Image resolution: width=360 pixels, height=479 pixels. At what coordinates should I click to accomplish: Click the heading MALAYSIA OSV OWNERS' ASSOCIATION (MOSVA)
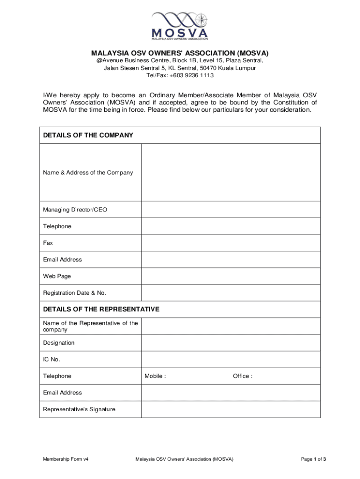point(180,53)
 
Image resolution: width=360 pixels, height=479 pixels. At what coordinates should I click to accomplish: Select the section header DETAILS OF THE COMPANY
point(88,135)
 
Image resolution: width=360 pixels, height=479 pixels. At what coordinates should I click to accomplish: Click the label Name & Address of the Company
point(88,173)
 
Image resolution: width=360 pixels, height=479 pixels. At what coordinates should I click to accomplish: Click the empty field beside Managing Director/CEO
point(231,210)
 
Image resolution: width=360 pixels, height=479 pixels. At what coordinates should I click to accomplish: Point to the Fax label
point(48,243)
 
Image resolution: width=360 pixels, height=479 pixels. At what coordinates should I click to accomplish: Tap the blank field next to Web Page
point(231,276)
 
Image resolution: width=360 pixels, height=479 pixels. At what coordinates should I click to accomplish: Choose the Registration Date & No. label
point(75,293)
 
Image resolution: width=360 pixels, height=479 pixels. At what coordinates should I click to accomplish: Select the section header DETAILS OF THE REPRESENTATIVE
point(101,309)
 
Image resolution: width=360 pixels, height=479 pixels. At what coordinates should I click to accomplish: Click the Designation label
point(58,343)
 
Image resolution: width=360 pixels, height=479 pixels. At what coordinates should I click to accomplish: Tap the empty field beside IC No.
point(231,359)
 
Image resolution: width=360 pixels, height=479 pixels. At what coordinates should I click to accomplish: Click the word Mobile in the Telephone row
point(154,376)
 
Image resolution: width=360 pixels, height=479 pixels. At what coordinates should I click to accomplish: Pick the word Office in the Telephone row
point(242,376)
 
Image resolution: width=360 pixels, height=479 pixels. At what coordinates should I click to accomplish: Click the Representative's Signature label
point(79,409)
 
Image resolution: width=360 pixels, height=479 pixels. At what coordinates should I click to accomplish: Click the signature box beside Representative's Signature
point(231,409)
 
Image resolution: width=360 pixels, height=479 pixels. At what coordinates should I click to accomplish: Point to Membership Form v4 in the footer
point(66,459)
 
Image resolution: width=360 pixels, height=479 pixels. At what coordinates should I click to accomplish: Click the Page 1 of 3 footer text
point(313,459)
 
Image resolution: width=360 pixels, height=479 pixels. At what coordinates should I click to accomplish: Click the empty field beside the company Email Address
point(231,260)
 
